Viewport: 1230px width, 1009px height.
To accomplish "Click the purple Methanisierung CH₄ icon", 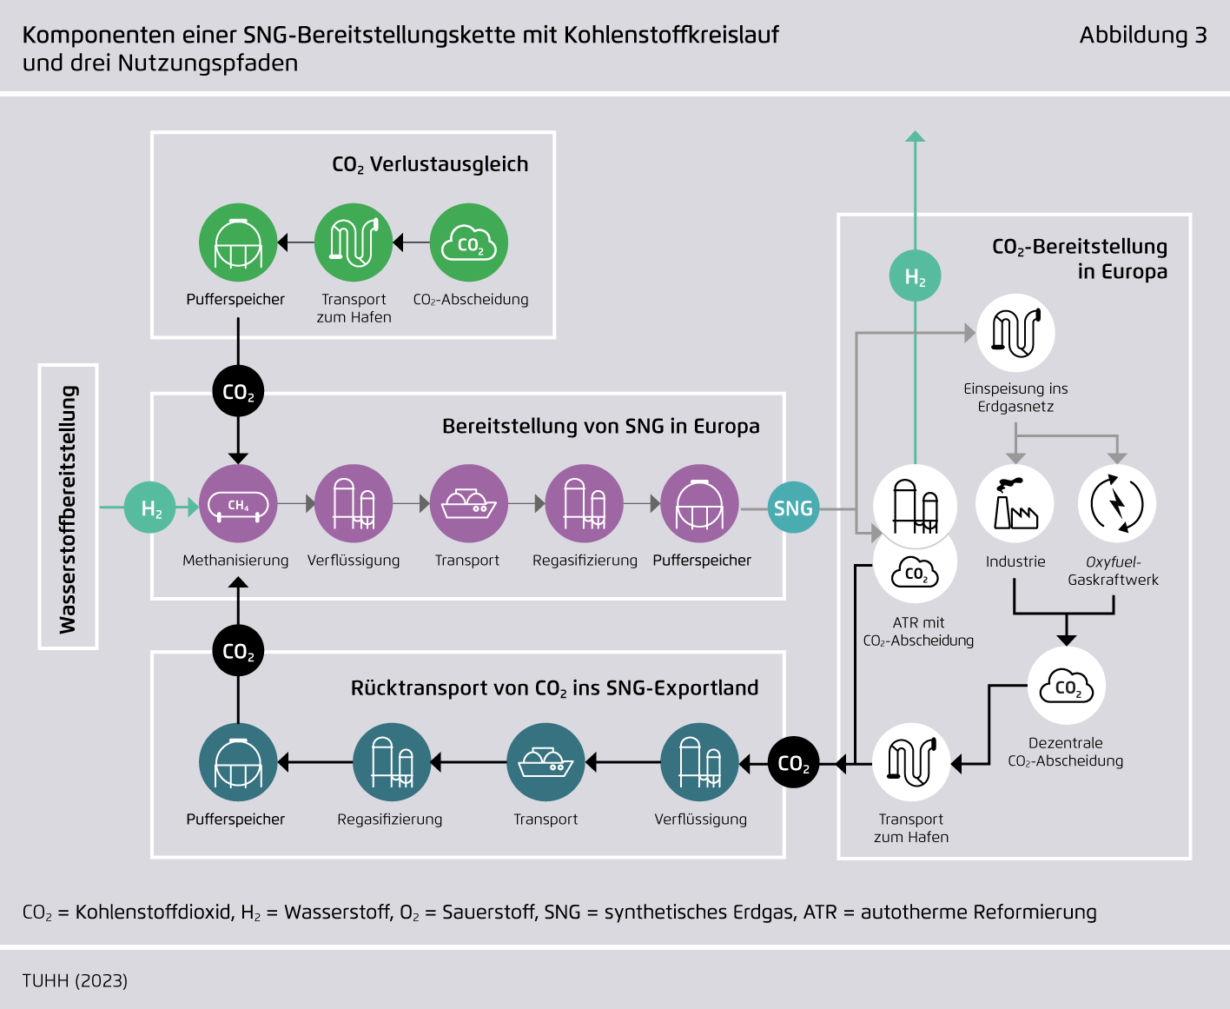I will tap(238, 504).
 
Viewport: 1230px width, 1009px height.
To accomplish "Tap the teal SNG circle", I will tap(793, 508).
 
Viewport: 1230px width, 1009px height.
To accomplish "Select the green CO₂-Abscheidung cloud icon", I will tap(469, 242).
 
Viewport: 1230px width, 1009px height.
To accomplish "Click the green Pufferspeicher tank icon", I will tap(238, 242).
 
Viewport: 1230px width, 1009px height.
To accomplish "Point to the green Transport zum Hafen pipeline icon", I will tap(354, 242).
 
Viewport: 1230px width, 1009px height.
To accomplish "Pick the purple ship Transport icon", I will tap(469, 504).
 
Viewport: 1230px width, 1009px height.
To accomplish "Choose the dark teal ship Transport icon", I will tap(546, 762).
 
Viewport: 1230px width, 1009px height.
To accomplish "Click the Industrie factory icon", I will tap(1015, 504).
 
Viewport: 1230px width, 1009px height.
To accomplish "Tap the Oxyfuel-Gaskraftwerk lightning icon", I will tap(1117, 504).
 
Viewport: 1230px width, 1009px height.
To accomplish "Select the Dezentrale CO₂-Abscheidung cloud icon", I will tap(1067, 687).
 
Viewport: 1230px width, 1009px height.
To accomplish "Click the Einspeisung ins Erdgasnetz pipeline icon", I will tap(1015, 333).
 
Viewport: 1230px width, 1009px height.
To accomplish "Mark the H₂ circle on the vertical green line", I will tap(916, 276).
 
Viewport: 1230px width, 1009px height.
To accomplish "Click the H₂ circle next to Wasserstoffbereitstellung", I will tap(150, 508).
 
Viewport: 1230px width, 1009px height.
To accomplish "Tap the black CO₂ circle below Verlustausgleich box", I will tap(238, 392).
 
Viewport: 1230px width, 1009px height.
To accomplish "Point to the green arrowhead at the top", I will tap(916, 136).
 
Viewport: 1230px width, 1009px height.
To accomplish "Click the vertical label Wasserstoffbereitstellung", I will tap(69, 508).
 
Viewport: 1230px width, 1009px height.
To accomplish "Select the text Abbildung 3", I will tap(1142, 35).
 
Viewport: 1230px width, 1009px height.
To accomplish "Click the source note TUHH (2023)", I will tap(75, 980).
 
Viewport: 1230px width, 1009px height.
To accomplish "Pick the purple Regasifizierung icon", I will tap(585, 504).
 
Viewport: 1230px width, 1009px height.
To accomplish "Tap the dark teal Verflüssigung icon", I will tap(699, 762).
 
